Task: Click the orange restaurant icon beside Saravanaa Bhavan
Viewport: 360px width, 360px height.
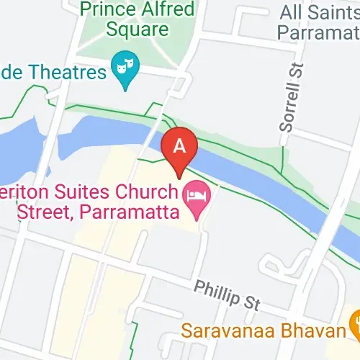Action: coord(354,320)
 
